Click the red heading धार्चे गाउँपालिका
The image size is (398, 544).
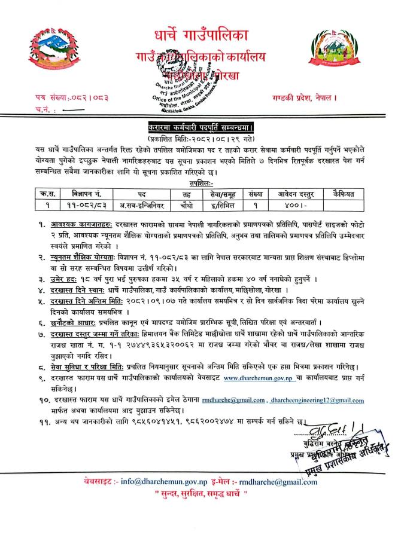pos(196,37)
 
